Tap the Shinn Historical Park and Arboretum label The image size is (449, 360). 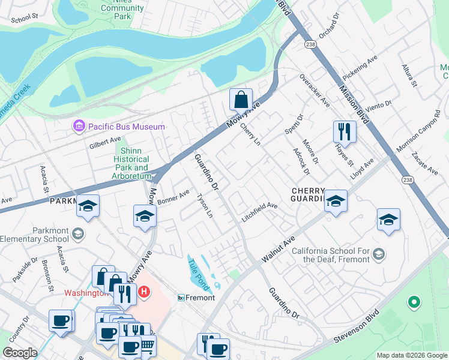pyautogui.click(x=130, y=163)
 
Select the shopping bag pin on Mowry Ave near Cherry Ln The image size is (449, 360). pyautogui.click(x=241, y=100)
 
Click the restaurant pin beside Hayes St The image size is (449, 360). pyautogui.click(x=345, y=131)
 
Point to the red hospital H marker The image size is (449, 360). pyautogui.click(x=143, y=292)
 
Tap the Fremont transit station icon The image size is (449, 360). pyautogui.click(x=180, y=298)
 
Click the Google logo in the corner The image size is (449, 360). pyautogui.click(x=20, y=353)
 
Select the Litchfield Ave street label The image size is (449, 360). pyautogui.click(x=260, y=211)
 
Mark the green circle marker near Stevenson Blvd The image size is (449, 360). pyautogui.click(x=413, y=302)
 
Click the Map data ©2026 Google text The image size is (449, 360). pyautogui.click(x=412, y=355)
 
